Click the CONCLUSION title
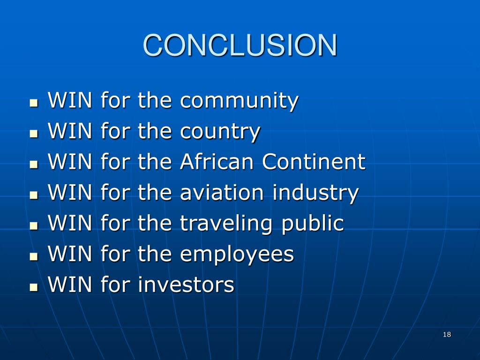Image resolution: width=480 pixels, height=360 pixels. tap(240, 45)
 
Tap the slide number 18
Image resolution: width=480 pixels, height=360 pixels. tap(446, 334)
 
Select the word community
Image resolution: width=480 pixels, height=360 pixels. tap(239, 101)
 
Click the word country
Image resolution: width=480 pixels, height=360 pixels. tap(220, 132)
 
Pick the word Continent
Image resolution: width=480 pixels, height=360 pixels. tap(313, 162)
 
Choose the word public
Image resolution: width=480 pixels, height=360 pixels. tap(312, 224)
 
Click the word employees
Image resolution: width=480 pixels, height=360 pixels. tap(237, 255)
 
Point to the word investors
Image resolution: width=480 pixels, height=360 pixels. tap(186, 285)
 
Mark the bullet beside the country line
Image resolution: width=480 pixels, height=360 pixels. tap(33, 134)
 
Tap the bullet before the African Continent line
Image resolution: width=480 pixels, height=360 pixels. tap(33, 164)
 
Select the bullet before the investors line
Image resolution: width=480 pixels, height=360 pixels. tap(33, 286)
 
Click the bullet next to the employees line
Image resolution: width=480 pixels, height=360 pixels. tap(33, 256)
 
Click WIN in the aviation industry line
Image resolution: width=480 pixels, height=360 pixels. tap(70, 193)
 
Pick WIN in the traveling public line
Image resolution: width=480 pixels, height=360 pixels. tap(70, 223)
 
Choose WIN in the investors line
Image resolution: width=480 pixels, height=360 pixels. tap(70, 285)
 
